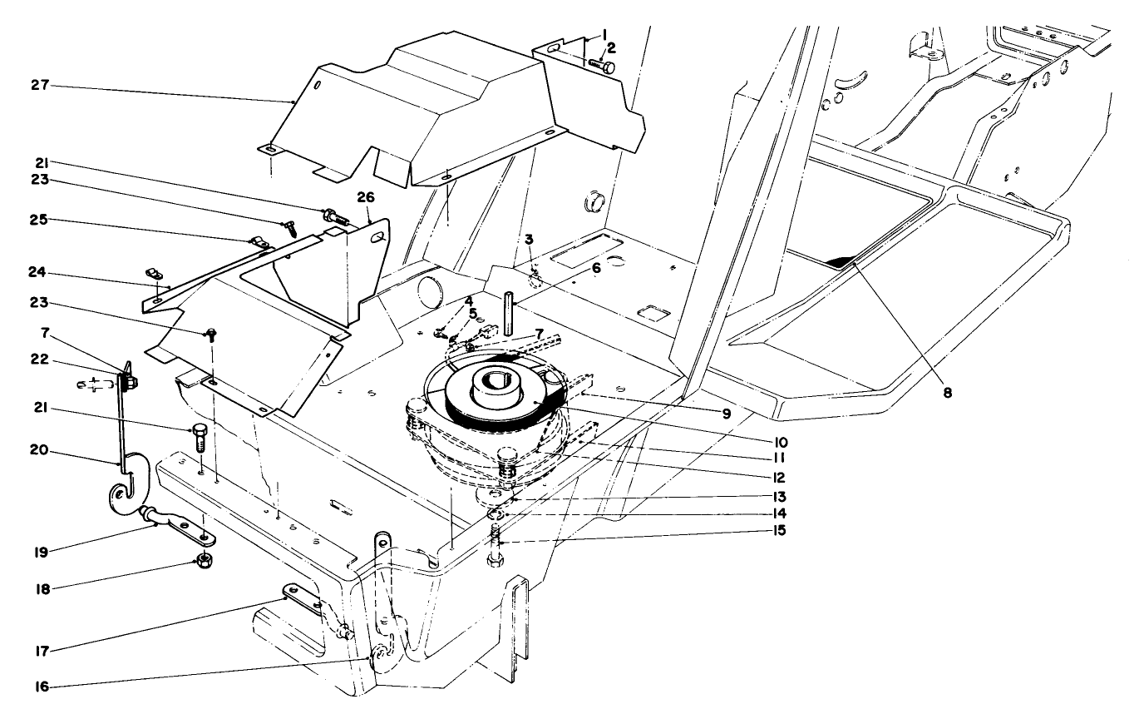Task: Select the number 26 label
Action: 366,198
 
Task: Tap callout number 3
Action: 528,240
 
